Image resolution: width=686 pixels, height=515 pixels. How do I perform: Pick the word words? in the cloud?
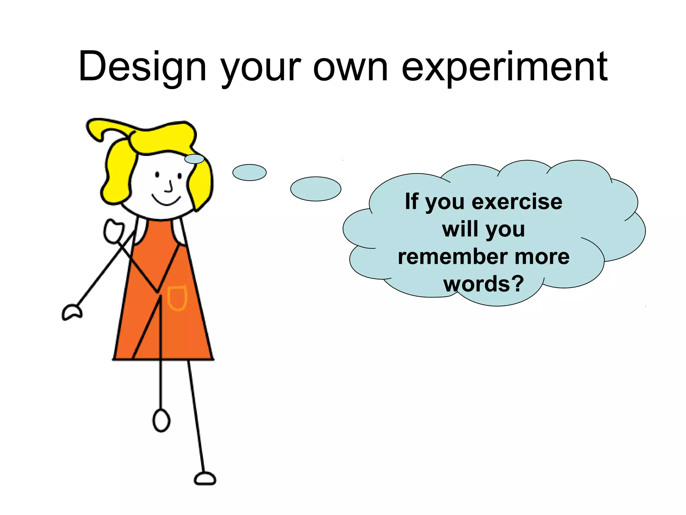tap(483, 284)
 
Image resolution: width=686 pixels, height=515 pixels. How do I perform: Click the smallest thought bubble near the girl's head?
tap(194, 159)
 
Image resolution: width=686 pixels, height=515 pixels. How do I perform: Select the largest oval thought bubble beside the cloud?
tap(316, 189)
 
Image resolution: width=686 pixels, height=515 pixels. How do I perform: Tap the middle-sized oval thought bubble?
tap(249, 172)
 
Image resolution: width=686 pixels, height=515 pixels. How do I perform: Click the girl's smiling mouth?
tap(166, 200)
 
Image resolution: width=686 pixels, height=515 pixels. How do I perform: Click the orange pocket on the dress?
tap(177, 298)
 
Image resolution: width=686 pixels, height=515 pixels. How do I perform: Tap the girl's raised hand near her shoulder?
tap(114, 231)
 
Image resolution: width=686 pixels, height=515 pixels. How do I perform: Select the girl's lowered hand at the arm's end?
tap(72, 312)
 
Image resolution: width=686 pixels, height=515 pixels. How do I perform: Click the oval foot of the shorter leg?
tap(161, 420)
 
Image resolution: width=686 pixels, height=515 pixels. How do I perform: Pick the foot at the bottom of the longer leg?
tap(205, 478)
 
